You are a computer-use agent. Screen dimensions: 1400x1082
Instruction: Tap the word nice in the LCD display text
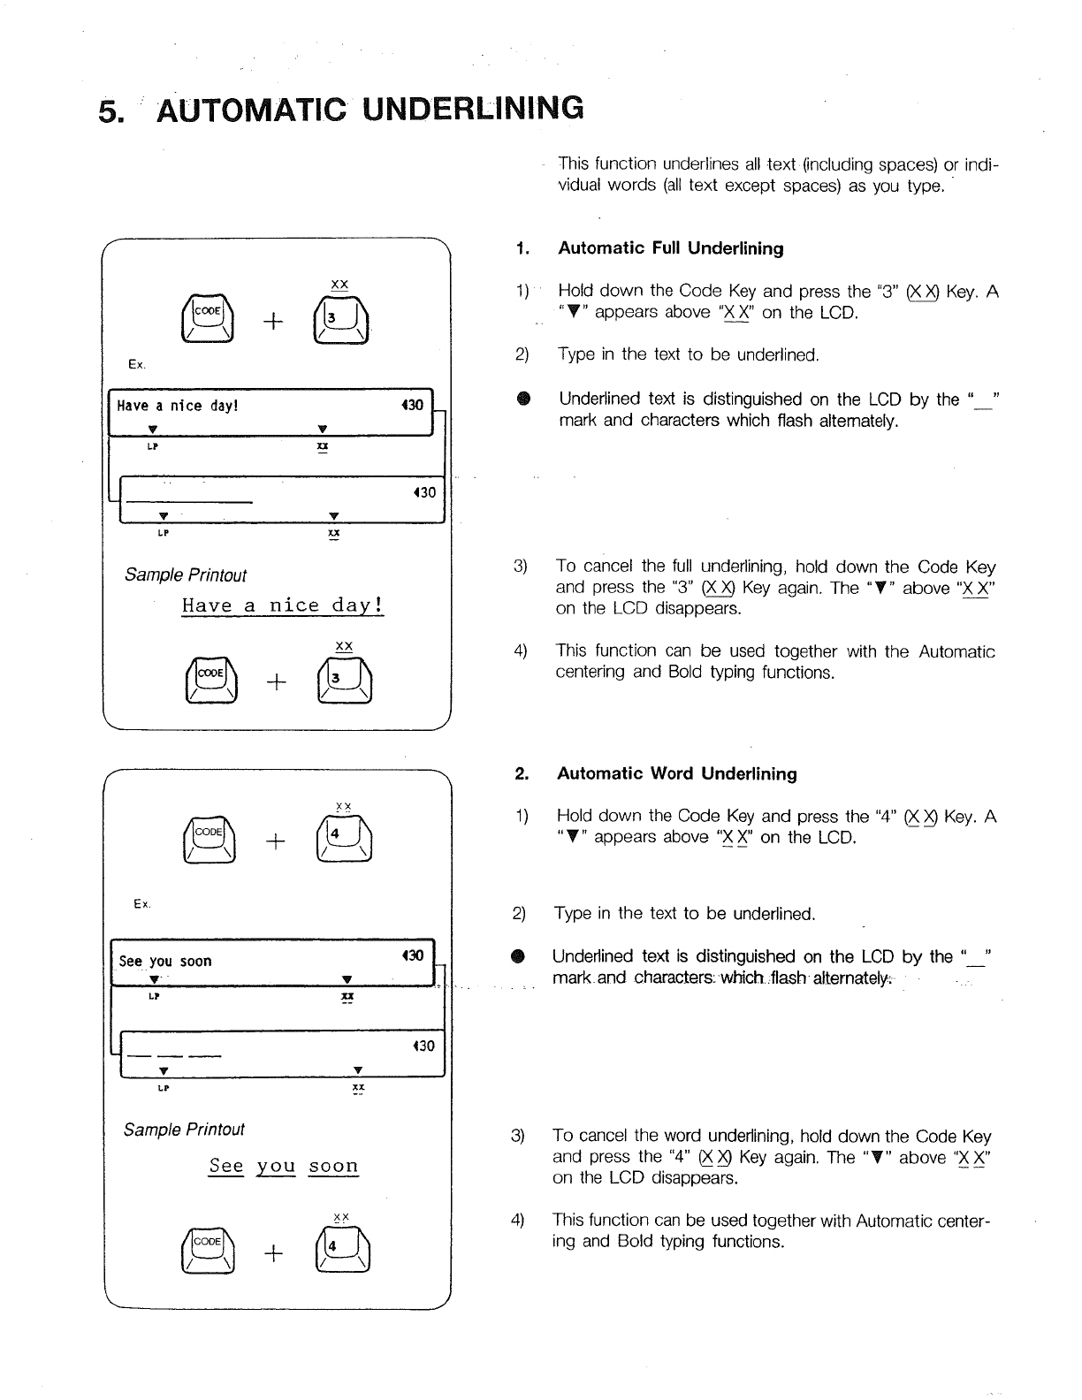click(x=186, y=406)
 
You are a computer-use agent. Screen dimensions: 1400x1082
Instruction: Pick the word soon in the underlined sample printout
click(x=333, y=1166)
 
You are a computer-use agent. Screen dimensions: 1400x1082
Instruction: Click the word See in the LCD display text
click(x=130, y=961)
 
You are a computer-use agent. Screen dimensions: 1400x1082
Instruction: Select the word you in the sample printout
click(x=275, y=1166)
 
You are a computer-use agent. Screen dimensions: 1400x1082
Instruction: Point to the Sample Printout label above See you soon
click(x=184, y=1130)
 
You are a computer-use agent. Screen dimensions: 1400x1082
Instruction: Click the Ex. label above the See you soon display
click(x=141, y=903)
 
